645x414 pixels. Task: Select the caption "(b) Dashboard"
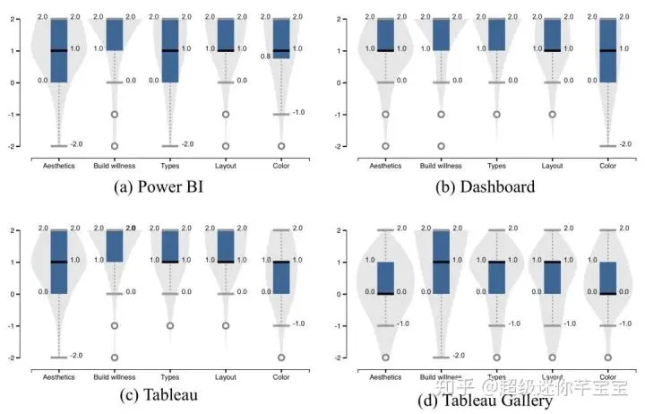[479, 187]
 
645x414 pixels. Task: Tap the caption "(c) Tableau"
[156, 394]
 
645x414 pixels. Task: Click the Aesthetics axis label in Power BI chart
[59, 165]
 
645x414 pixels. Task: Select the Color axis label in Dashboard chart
[607, 165]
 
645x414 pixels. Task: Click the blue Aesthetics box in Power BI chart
[59, 50]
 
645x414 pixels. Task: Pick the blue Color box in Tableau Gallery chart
[607, 278]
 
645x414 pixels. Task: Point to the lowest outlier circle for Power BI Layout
[226, 145]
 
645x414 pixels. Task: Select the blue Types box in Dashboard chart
[496, 35]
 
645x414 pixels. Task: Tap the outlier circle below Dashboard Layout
[552, 115]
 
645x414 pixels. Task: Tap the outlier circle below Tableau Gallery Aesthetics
[385, 357]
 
